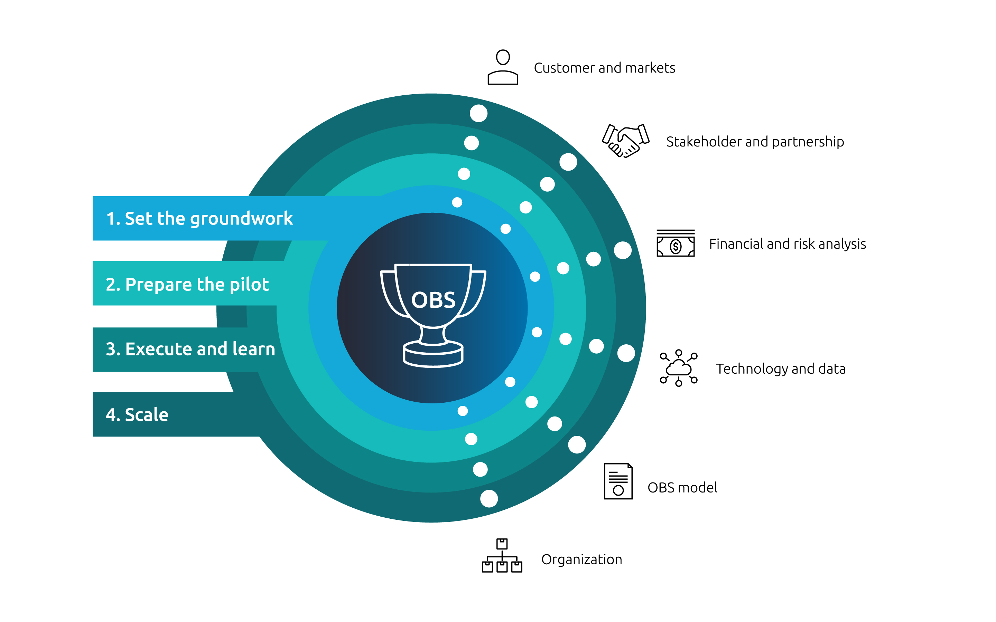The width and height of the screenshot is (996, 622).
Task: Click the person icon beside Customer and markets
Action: (502, 67)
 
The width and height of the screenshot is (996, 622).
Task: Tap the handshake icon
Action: (625, 141)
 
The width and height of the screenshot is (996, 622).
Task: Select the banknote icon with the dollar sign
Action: (675, 243)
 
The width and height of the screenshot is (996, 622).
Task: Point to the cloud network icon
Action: (678, 368)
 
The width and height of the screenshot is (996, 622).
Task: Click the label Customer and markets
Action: (604, 68)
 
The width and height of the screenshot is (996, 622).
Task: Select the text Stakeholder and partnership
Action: (755, 142)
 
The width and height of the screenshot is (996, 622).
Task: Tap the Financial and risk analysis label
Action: (787, 244)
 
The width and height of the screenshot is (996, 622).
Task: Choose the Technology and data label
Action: (780, 369)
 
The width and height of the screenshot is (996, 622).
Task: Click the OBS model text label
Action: (682, 487)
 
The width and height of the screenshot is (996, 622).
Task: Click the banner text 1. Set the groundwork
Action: (199, 218)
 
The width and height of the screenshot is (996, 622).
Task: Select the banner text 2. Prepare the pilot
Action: (187, 284)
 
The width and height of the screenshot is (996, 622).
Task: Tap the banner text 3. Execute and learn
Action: (190, 349)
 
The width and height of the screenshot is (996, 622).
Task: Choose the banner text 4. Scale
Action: (137, 415)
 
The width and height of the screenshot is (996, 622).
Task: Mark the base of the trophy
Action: (433, 355)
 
